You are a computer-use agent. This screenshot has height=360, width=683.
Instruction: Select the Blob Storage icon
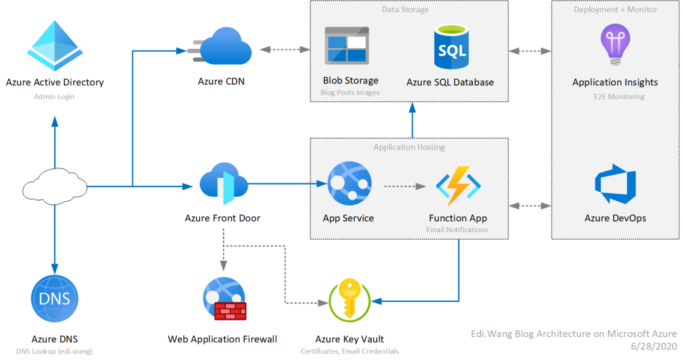[x=347, y=46]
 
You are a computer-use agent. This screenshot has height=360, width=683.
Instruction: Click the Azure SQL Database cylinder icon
[x=451, y=47]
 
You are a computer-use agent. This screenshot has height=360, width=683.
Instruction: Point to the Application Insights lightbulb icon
[x=615, y=44]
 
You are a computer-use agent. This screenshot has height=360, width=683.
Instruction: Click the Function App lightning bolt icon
[x=458, y=185]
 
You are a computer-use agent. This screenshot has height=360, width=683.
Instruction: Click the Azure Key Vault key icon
[x=349, y=299]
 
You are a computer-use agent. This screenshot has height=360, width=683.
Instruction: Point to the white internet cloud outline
[x=54, y=186]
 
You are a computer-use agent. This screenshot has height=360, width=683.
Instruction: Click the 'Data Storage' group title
[x=405, y=9]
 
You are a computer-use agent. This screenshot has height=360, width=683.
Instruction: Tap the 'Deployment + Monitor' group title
[x=615, y=9]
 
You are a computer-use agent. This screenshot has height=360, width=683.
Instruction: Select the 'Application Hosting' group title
[x=409, y=147]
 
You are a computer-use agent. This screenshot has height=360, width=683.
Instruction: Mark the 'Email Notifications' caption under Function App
[x=457, y=230]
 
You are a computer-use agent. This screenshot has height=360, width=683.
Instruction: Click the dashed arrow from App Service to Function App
[x=405, y=186]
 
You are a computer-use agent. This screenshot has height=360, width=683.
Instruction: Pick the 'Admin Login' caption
[x=54, y=96]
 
